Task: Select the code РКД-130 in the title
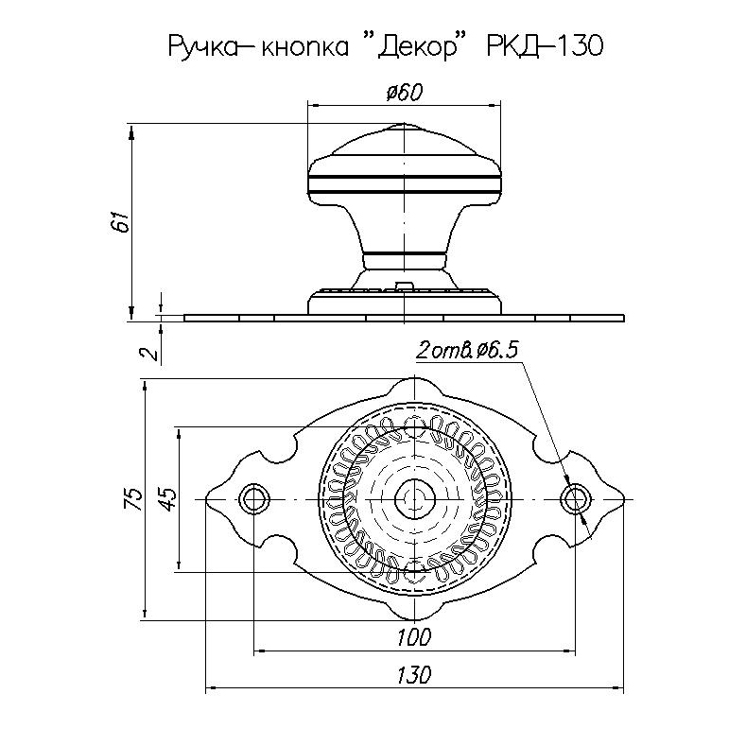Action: click(x=545, y=46)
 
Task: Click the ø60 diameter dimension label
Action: click(x=404, y=93)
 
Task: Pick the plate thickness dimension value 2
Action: click(x=149, y=353)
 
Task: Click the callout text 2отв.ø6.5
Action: click(x=466, y=351)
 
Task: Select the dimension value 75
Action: click(x=133, y=499)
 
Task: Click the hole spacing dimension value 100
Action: click(x=414, y=637)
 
